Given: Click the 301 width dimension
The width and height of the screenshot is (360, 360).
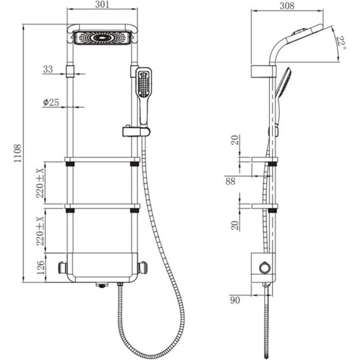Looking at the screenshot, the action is tap(102, 4).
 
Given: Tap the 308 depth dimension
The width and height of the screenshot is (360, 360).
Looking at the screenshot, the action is tap(287, 6).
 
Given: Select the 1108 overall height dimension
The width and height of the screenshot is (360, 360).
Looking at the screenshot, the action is tap(18, 153).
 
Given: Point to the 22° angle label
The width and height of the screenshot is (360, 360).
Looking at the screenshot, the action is tap(341, 43).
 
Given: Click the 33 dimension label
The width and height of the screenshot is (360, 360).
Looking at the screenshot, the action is tap(48, 69).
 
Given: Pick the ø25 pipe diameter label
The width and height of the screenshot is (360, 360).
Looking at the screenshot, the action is tap(51, 102).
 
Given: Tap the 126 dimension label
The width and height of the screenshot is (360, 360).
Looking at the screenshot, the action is tap(40, 267).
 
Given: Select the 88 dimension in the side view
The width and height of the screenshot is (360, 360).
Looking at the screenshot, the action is tap(230, 181).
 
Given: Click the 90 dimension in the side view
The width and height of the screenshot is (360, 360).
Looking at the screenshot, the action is tap(235, 300).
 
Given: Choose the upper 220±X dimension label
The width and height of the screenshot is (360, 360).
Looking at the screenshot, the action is tap(40, 183).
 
